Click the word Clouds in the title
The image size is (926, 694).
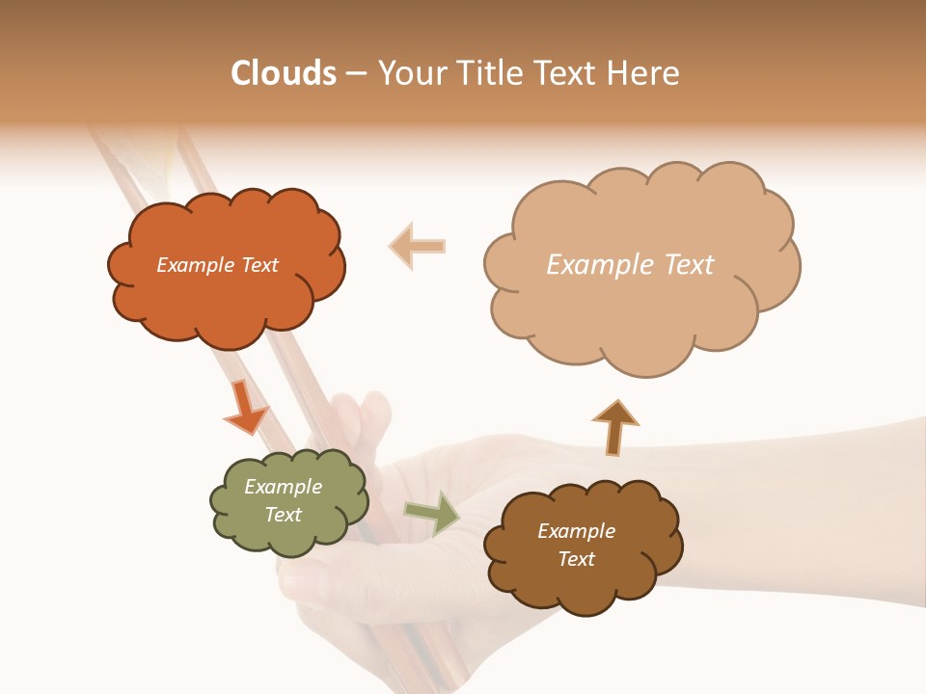[284, 73]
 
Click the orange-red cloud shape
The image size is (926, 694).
[226, 299]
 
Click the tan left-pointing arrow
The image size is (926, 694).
[417, 247]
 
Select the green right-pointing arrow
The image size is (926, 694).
[431, 513]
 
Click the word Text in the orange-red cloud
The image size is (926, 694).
[258, 265]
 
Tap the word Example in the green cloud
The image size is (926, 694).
[283, 487]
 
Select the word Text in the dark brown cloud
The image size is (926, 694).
[576, 559]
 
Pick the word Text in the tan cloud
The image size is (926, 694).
[689, 265]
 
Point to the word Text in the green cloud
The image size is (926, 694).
[283, 515]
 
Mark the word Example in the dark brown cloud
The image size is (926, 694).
[576, 531]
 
